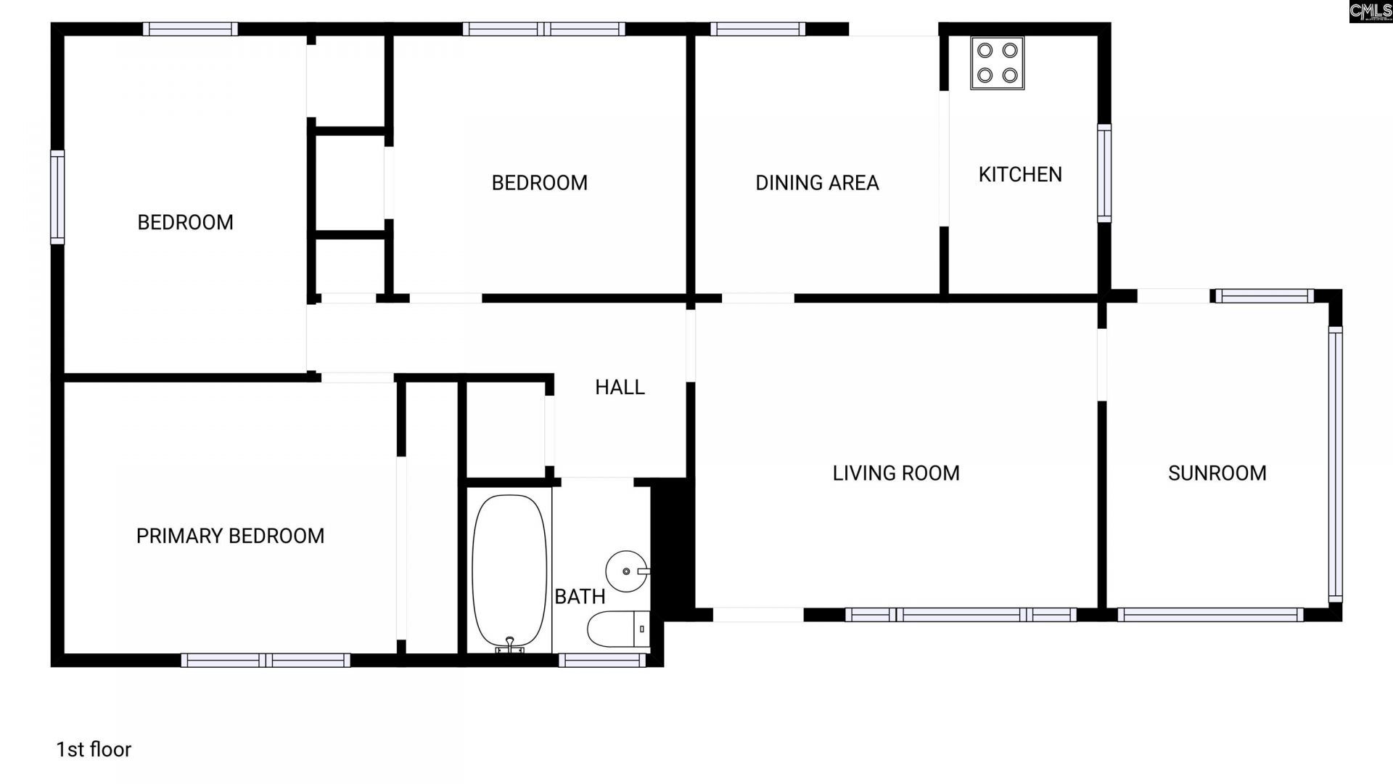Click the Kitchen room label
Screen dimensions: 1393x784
tap(1020, 174)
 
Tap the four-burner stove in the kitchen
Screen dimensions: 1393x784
tap(998, 63)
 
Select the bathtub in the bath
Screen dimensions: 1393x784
tap(509, 571)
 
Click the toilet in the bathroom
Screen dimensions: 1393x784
tap(618, 629)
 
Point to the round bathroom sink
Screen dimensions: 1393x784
tap(626, 571)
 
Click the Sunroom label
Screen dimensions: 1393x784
tap(1217, 473)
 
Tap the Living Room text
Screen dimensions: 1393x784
tap(896, 473)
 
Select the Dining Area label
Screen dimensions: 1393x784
tap(817, 183)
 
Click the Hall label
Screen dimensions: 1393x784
tap(620, 388)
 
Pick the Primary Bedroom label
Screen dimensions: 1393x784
tap(230, 536)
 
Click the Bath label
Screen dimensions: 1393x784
tap(580, 597)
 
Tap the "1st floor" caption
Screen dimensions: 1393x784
tap(94, 749)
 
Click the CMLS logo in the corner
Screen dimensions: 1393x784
tap(1371, 12)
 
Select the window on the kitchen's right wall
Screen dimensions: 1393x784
tap(1104, 173)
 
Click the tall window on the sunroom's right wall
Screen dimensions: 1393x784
tap(1335, 465)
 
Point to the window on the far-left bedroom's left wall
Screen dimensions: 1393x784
tap(57, 197)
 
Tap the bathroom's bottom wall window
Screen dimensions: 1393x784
tap(602, 660)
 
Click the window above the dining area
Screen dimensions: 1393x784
tap(757, 29)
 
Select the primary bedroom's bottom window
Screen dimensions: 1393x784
tap(266, 660)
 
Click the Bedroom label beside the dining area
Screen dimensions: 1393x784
tap(540, 183)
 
